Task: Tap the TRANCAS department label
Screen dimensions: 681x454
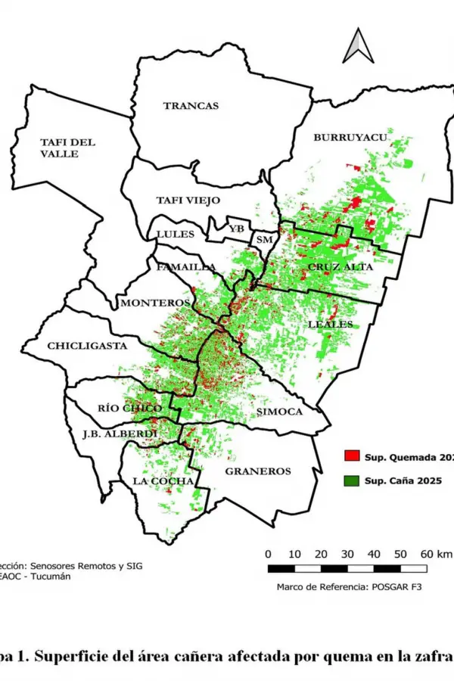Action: (x=191, y=106)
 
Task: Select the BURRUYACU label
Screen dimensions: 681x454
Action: (x=350, y=137)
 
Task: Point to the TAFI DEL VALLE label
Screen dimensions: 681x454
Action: (x=68, y=148)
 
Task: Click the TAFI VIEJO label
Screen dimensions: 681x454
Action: (x=188, y=201)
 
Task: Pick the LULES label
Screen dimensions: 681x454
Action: (x=175, y=234)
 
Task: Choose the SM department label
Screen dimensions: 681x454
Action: (x=264, y=240)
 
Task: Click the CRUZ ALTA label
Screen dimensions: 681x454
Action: (x=336, y=268)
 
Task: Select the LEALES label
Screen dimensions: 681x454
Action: (x=331, y=324)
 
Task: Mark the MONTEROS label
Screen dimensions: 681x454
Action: (x=154, y=303)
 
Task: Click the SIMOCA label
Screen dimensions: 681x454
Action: (x=279, y=412)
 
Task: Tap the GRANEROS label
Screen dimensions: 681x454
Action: (x=258, y=471)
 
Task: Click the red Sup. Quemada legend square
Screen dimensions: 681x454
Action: (x=351, y=456)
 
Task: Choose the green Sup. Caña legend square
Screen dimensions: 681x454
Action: (x=351, y=480)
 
